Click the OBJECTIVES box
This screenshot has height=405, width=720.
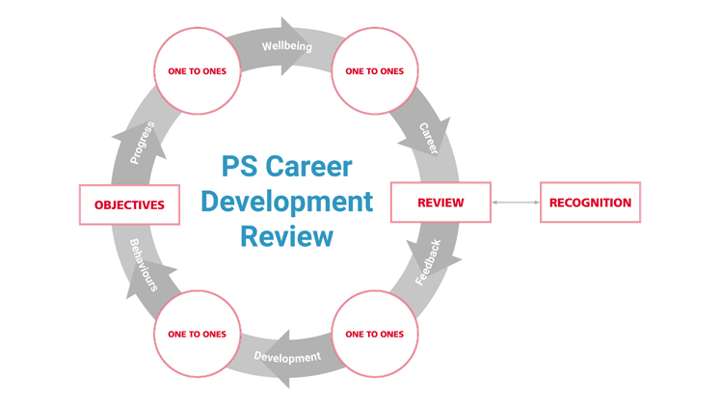pos(129,204)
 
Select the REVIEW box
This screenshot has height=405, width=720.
pos(440,202)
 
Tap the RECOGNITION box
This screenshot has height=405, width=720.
pos(590,202)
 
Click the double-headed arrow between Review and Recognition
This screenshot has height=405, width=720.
pos(516,202)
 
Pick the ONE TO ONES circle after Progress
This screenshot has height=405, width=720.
pos(197,70)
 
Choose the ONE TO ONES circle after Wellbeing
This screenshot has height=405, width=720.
pos(374,70)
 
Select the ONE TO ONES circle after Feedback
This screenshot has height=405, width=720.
pos(374,334)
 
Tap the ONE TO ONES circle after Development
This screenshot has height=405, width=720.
pos(197,334)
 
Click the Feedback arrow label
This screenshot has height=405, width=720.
pos(429,261)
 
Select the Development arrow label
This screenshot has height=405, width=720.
pos(286,358)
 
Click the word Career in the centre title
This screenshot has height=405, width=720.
pos(313,166)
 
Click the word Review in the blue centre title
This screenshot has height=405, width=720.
pos(286,235)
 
